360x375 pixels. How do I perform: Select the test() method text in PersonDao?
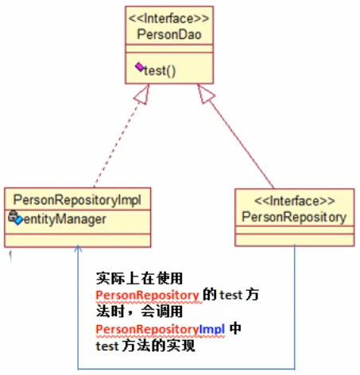(159, 70)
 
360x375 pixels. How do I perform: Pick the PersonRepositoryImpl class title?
(77, 199)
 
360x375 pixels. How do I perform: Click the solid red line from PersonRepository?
(238, 143)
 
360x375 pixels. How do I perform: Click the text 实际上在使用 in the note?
(140, 278)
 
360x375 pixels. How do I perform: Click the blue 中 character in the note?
(235, 329)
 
